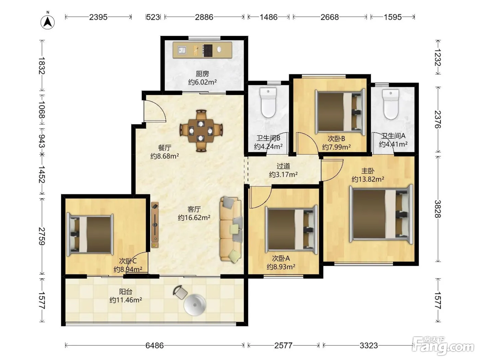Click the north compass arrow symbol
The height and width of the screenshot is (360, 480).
[x=47, y=22]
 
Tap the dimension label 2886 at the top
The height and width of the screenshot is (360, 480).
[x=204, y=17]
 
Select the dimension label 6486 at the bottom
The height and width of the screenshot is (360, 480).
[x=155, y=345]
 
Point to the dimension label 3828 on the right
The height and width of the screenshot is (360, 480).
[x=438, y=209]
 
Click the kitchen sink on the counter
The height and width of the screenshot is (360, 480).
[x=182, y=50]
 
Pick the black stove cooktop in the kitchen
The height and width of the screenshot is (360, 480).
[x=207, y=50]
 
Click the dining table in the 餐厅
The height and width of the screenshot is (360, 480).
[x=201, y=131]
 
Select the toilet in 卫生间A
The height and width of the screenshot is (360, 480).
[x=391, y=104]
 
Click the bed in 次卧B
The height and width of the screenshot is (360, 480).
[x=340, y=111]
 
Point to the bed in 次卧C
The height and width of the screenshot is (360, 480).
[x=90, y=235]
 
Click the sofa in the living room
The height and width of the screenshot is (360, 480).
[x=231, y=229]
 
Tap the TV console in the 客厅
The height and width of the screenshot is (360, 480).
[x=155, y=225]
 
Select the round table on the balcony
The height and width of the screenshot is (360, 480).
[x=195, y=305]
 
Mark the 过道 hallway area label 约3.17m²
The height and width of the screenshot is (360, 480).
[x=283, y=175]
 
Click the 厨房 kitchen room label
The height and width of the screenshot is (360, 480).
[x=202, y=74]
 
